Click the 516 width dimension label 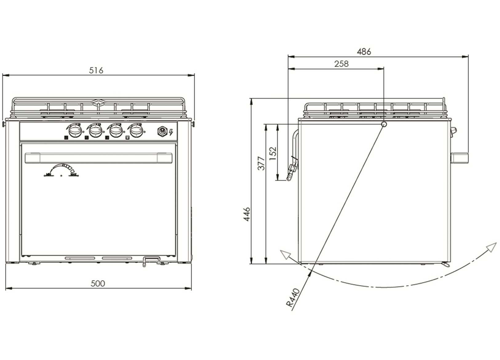click(96, 70)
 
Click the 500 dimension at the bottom click(98, 283)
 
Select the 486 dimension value click(364, 52)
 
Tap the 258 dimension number click(341, 64)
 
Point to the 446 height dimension click(247, 214)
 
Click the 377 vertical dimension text click(261, 163)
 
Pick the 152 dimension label click(273, 153)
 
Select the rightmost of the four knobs click(136, 131)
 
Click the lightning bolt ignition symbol click(171, 132)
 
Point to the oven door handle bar click(98, 158)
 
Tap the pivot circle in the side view click(384, 124)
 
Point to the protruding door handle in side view click(460, 158)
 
